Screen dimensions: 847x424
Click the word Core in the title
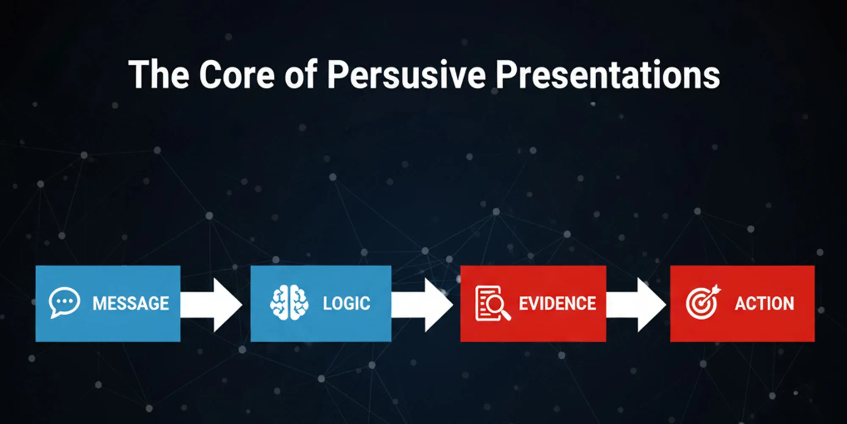238,74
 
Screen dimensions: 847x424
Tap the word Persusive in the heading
406,75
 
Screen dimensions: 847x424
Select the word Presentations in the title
608,74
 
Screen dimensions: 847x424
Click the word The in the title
159,74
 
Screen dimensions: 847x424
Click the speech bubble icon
64,302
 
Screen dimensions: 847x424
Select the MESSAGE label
131,304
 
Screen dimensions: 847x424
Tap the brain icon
289,302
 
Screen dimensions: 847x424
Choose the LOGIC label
346,304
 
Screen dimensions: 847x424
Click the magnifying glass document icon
493,303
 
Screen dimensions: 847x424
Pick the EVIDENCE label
557,304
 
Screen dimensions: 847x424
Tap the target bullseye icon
703,302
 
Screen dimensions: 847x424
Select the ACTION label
764,304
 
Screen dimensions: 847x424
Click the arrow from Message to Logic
211,305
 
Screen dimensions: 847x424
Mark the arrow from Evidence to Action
636,305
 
